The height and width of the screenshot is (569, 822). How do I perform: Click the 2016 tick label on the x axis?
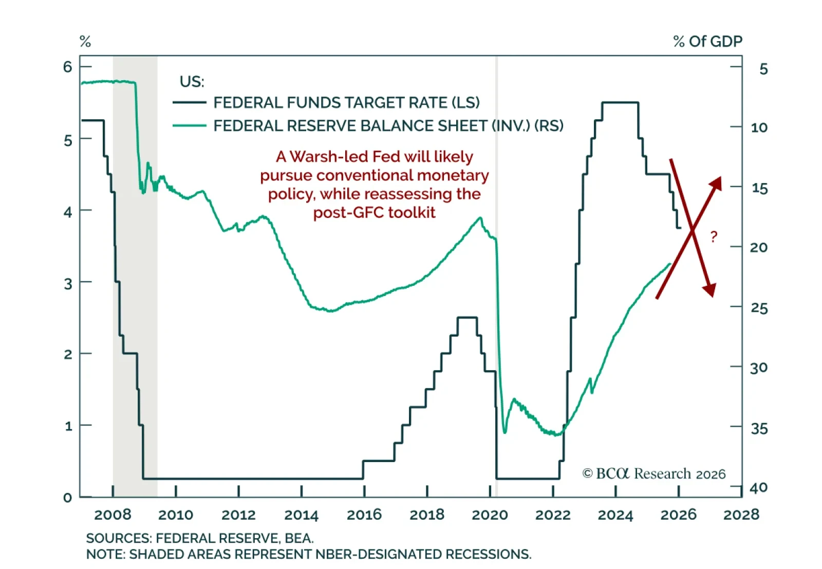(364, 515)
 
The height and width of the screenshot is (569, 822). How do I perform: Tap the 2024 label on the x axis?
(615, 515)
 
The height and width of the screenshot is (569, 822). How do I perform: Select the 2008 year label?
(113, 515)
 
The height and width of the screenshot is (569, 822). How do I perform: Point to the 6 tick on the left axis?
(68, 67)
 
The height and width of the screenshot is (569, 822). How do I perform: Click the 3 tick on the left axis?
(68, 283)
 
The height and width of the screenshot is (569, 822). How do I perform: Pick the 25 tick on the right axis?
(759, 308)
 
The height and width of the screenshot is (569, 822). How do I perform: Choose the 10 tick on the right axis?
(759, 127)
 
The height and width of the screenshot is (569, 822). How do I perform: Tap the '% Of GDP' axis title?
(707, 42)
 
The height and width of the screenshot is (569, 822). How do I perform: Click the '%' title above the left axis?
(85, 42)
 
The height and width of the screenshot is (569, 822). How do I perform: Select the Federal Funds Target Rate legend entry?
(346, 103)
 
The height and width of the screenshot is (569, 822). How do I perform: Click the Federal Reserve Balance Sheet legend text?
(388, 126)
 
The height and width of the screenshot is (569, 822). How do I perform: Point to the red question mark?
(714, 237)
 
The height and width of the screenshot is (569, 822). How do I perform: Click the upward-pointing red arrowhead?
(716, 182)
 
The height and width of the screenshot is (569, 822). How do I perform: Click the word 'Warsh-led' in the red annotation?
(329, 157)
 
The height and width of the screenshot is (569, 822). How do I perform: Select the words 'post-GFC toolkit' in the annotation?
(374, 212)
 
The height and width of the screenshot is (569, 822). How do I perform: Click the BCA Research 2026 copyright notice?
(653, 473)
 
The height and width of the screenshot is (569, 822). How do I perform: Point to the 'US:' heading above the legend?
(192, 82)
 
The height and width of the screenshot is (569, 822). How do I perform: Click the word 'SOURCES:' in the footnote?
(119, 538)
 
